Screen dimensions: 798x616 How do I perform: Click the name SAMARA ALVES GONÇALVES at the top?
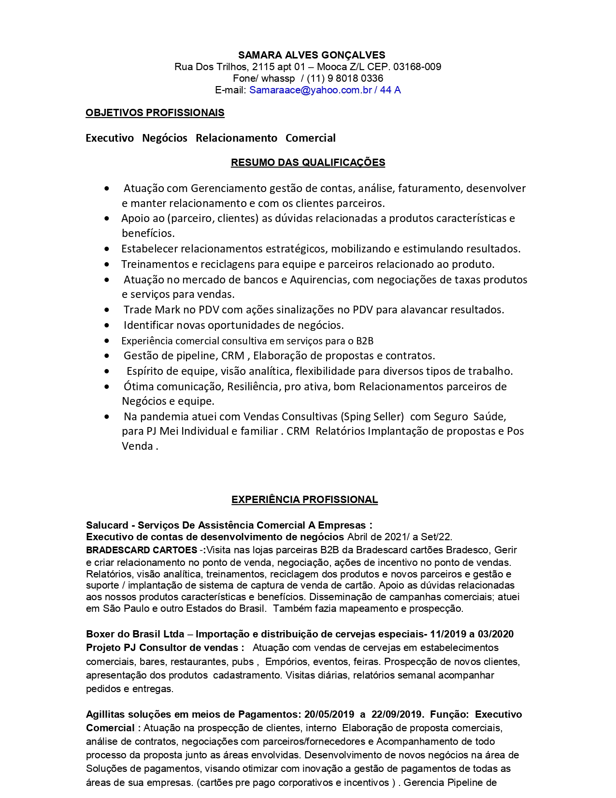click(x=312, y=55)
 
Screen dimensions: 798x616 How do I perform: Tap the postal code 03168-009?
click(x=417, y=67)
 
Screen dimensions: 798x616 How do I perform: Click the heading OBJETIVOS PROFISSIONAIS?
click(x=155, y=113)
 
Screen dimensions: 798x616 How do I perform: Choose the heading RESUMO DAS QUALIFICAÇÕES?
click(x=308, y=163)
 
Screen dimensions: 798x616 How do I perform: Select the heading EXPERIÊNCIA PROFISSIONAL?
click(x=304, y=500)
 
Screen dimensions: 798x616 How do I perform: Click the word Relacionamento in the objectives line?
click(x=236, y=138)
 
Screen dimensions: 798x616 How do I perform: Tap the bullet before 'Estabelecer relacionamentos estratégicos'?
click(x=107, y=249)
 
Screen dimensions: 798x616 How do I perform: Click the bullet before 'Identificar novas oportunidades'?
click(x=107, y=325)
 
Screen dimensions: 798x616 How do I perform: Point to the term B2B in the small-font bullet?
click(x=365, y=341)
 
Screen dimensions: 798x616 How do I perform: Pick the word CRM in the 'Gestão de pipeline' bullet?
click(x=232, y=356)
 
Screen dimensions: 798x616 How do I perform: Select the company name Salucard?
click(x=107, y=525)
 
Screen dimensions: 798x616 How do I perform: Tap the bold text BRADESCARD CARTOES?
click(x=142, y=550)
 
